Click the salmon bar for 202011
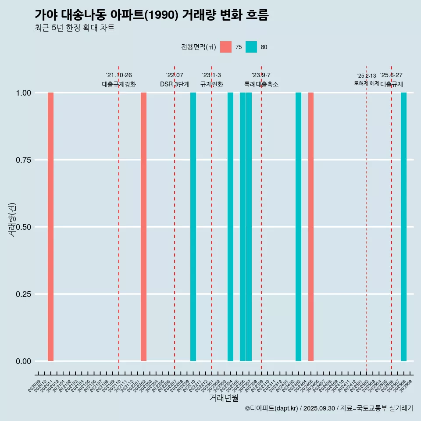[50, 227]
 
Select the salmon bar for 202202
[143, 227]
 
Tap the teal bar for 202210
[193, 227]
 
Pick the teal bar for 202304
[230, 227]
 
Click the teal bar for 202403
[298, 227]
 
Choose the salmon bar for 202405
[310, 227]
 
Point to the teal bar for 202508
[403, 227]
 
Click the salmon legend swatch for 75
[226, 47]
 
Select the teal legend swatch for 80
[251, 47]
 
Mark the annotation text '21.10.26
[119, 75]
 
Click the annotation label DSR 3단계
[175, 84]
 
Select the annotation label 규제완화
[212, 84]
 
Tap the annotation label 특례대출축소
[261, 84]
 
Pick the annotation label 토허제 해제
[366, 83]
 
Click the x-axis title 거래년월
[224, 398]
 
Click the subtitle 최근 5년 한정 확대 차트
[75, 28]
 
